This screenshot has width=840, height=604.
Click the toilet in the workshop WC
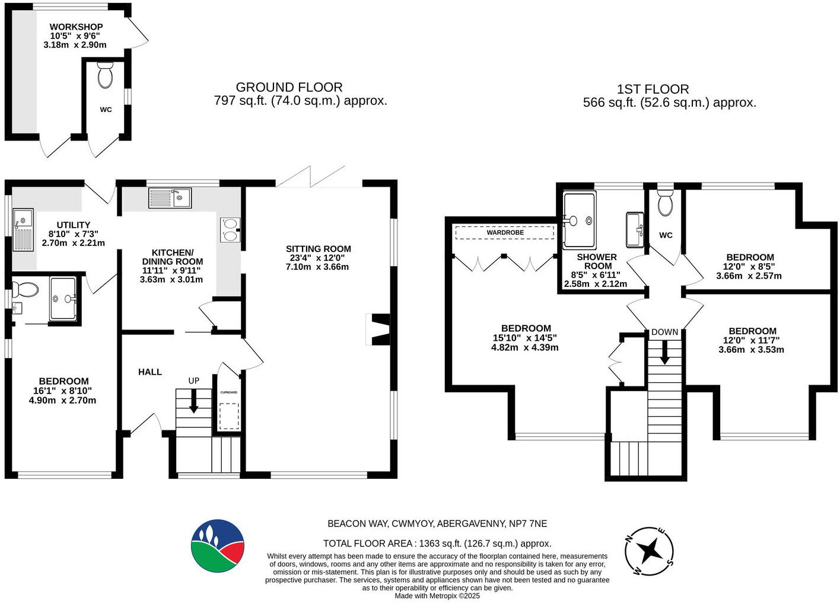pos(106,75)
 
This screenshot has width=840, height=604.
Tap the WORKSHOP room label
pos(76,27)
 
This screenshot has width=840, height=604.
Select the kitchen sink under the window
pos(170,198)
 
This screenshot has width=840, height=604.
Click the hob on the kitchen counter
pos(230,230)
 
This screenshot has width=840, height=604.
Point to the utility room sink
pos(23,229)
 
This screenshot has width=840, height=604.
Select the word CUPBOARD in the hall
pos(229,392)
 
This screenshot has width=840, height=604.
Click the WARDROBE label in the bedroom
pos(505,232)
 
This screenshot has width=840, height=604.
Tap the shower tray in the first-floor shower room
pos(578,220)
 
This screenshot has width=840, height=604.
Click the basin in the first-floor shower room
pos(635,229)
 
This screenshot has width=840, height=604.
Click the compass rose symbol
pos(650,551)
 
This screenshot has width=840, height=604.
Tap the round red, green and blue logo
pos(218,546)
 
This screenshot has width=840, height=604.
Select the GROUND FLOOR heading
pos(289,87)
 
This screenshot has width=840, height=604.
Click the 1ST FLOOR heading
pos(653,89)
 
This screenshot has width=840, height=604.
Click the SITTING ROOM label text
pos(318,249)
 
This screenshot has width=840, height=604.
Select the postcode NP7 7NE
pos(528,523)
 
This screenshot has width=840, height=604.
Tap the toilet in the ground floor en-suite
pos(26,289)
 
